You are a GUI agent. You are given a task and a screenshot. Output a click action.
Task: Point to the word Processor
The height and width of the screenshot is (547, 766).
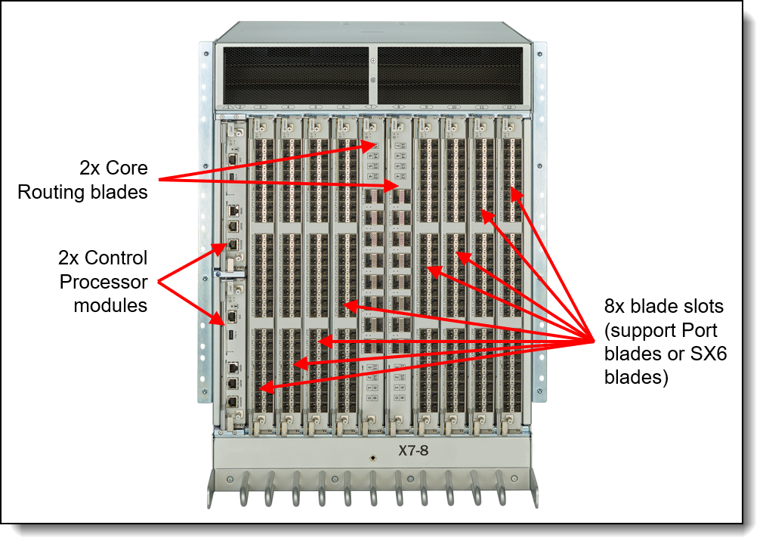click(102, 283)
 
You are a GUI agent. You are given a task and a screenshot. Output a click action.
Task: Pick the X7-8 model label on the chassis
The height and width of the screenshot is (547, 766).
click(415, 451)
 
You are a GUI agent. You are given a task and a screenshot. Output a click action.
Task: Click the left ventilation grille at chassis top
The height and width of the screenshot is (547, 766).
click(293, 76)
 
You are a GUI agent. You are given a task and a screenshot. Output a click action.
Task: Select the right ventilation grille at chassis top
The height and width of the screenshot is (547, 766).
click(450, 76)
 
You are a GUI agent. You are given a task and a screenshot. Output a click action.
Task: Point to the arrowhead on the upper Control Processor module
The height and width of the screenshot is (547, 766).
click(223, 246)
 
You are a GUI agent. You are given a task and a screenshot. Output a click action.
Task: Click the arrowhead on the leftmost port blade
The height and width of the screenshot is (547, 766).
click(261, 388)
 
